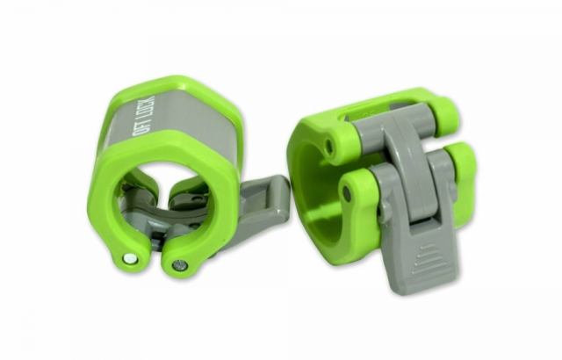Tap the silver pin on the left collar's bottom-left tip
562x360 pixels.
(131, 258)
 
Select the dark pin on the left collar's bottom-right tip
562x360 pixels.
(180, 265)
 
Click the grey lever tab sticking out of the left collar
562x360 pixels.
(263, 198)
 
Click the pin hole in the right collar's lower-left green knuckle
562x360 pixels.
(348, 192)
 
